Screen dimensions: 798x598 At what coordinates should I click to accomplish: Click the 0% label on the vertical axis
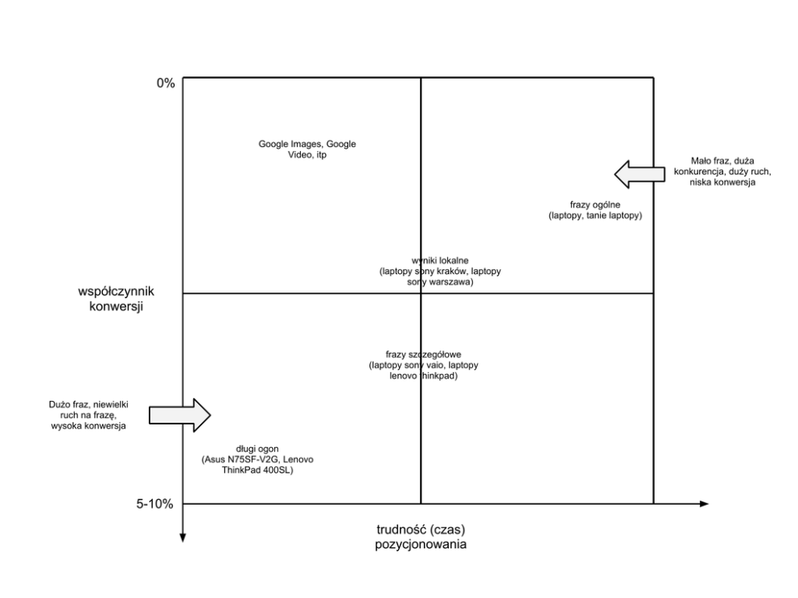(x=166, y=83)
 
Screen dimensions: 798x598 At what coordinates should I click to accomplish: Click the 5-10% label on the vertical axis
(x=154, y=504)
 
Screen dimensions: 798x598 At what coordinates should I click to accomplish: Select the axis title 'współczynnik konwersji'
(x=116, y=299)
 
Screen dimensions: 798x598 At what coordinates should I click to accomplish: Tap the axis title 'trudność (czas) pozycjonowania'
(x=421, y=537)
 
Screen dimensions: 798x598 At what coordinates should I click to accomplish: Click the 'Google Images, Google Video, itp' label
(x=306, y=149)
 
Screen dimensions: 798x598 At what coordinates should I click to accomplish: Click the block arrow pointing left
(x=640, y=174)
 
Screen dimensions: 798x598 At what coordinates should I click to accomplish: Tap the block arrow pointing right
(x=179, y=415)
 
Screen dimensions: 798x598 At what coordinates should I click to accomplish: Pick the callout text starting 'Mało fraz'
(x=722, y=172)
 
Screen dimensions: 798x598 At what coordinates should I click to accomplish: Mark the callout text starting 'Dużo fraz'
(x=88, y=416)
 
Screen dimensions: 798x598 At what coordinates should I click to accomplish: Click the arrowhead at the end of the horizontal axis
(x=705, y=504)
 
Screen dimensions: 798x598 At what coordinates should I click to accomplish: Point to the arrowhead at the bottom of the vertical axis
(x=183, y=539)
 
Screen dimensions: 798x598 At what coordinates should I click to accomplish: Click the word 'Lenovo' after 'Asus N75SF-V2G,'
(x=298, y=460)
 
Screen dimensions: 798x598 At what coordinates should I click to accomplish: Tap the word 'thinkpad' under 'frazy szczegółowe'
(x=438, y=376)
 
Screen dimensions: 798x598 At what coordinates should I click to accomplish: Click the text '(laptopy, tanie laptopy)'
(x=595, y=215)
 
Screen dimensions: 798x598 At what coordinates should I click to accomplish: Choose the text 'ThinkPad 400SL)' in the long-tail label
(x=257, y=470)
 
